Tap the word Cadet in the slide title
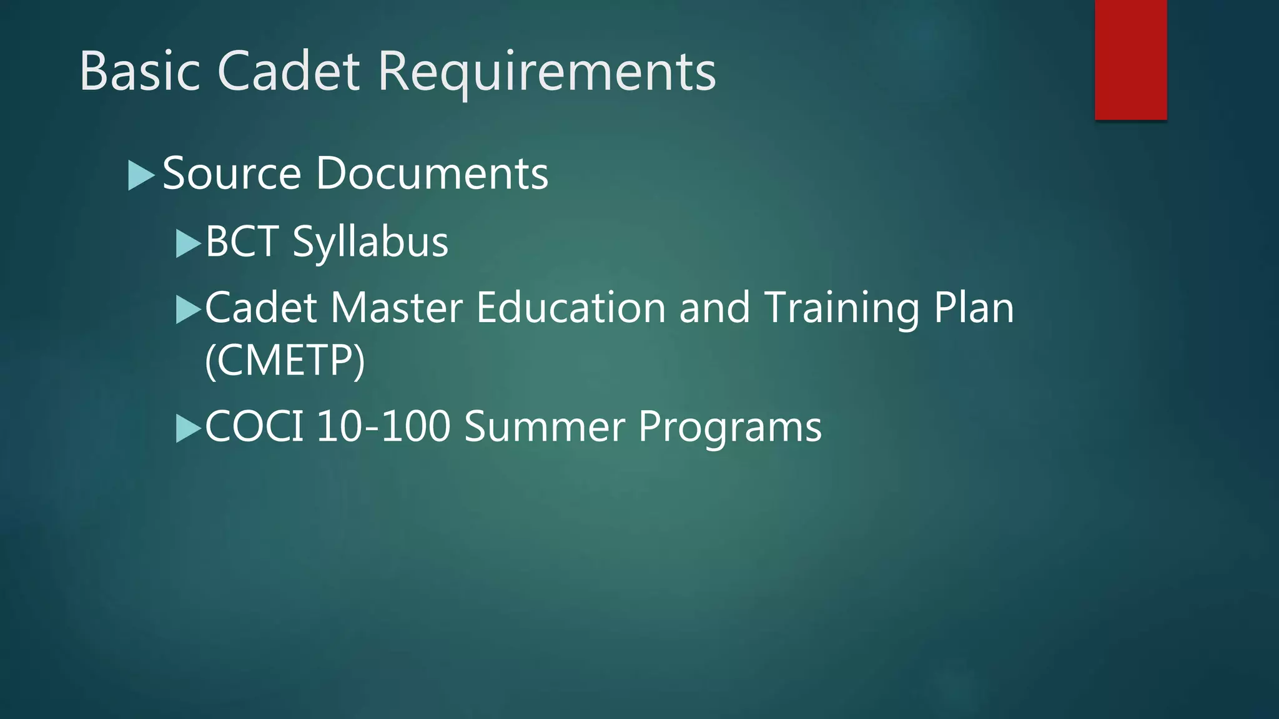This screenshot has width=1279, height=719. (289, 72)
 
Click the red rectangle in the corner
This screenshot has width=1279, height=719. (1130, 60)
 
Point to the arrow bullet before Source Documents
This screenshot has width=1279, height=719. (141, 175)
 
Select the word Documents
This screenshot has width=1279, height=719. (432, 174)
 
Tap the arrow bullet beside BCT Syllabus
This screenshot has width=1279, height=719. (188, 243)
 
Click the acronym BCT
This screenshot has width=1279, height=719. (242, 242)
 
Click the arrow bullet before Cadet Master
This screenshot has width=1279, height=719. (188, 310)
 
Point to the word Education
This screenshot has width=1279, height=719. (571, 308)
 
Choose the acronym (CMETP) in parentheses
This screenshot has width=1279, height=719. (285, 361)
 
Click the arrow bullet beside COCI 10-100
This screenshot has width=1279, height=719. (188, 428)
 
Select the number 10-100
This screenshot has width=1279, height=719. (383, 427)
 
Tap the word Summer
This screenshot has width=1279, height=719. (545, 427)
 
